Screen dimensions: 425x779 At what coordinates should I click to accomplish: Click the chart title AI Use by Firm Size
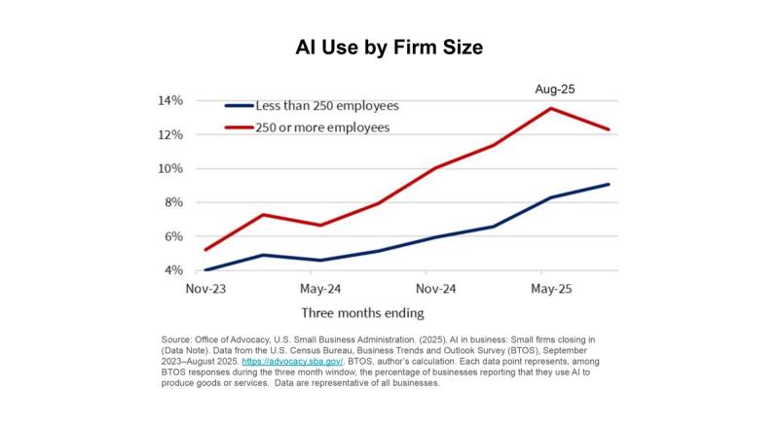click(x=389, y=47)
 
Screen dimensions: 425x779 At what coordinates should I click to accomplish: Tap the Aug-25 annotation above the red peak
click(x=555, y=89)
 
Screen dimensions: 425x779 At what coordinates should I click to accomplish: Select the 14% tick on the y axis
click(x=171, y=101)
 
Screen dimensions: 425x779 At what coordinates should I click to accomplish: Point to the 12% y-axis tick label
click(x=171, y=135)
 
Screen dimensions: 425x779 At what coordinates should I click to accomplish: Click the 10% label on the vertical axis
click(x=171, y=169)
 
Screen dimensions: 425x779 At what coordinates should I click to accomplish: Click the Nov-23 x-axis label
click(x=204, y=289)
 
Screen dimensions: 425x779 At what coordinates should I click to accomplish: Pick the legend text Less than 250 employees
click(x=326, y=105)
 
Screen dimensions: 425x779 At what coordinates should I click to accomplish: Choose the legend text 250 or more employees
click(x=321, y=127)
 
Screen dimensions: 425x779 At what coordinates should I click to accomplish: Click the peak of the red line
click(x=551, y=108)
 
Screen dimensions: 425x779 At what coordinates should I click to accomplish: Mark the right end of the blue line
click(x=610, y=184)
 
